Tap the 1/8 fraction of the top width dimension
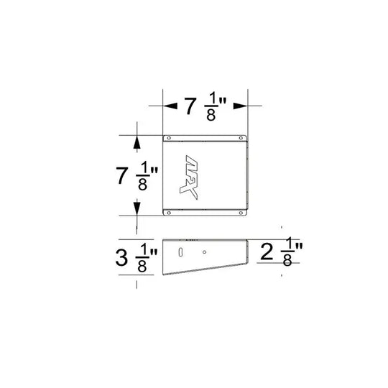[x=211, y=106]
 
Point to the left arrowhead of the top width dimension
[x=168, y=106]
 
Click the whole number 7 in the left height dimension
[x=123, y=175]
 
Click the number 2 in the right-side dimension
[x=267, y=252]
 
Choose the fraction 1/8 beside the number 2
[x=287, y=252]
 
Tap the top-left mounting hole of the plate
[x=167, y=139]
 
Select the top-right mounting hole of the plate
[x=241, y=139]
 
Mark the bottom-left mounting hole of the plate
[x=167, y=211]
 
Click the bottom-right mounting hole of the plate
[x=241, y=211]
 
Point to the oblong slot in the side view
[x=180, y=251]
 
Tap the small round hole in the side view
[x=204, y=251]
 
